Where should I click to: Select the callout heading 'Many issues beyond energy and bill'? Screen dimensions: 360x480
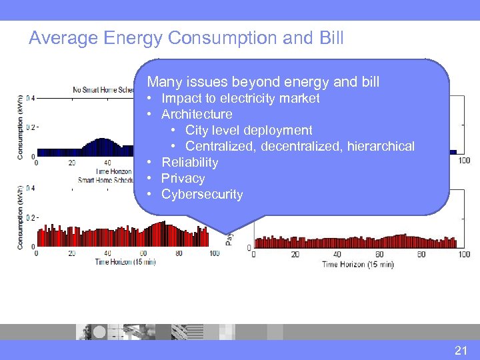pos(263,82)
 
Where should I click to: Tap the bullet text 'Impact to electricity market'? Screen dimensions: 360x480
pos(240,99)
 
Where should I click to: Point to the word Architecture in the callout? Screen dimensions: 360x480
pos(197,115)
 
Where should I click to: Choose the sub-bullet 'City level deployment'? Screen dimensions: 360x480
pos(248,131)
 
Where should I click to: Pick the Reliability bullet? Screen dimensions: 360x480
pos(189,163)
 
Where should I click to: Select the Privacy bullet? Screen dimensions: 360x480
pos(183,179)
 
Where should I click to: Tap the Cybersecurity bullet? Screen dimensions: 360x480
pos(202,195)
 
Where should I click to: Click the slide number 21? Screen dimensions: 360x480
pos(461,350)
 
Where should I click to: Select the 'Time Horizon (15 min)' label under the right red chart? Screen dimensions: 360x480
pos(357,264)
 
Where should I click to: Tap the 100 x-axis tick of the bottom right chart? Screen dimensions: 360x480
pos(464,254)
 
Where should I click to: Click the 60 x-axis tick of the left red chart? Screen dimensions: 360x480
pos(143,253)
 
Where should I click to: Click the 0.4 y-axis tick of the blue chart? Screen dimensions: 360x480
pos(30,98)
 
